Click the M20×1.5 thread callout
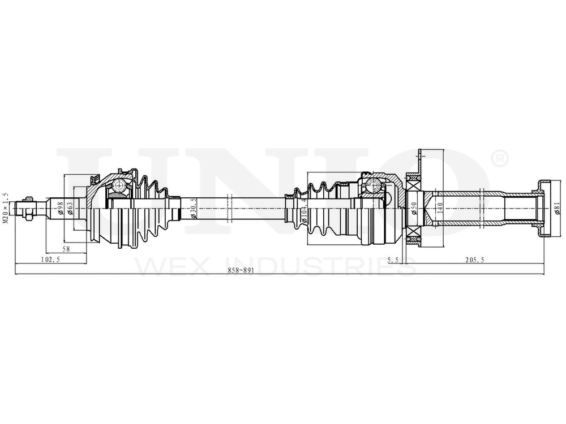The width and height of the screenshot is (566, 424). [x=6, y=208]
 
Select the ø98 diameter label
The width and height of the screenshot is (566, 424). [x=61, y=210]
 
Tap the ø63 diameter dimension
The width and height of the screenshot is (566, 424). [x=70, y=210]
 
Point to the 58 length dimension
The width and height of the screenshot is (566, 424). [x=66, y=249]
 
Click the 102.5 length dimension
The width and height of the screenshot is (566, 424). [x=51, y=259]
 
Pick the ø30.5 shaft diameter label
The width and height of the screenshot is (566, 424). [x=194, y=209]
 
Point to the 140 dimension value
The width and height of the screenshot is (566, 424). [x=440, y=210]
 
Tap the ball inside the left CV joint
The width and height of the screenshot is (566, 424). [x=119, y=185]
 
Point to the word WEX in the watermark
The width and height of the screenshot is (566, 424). [x=164, y=266]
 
